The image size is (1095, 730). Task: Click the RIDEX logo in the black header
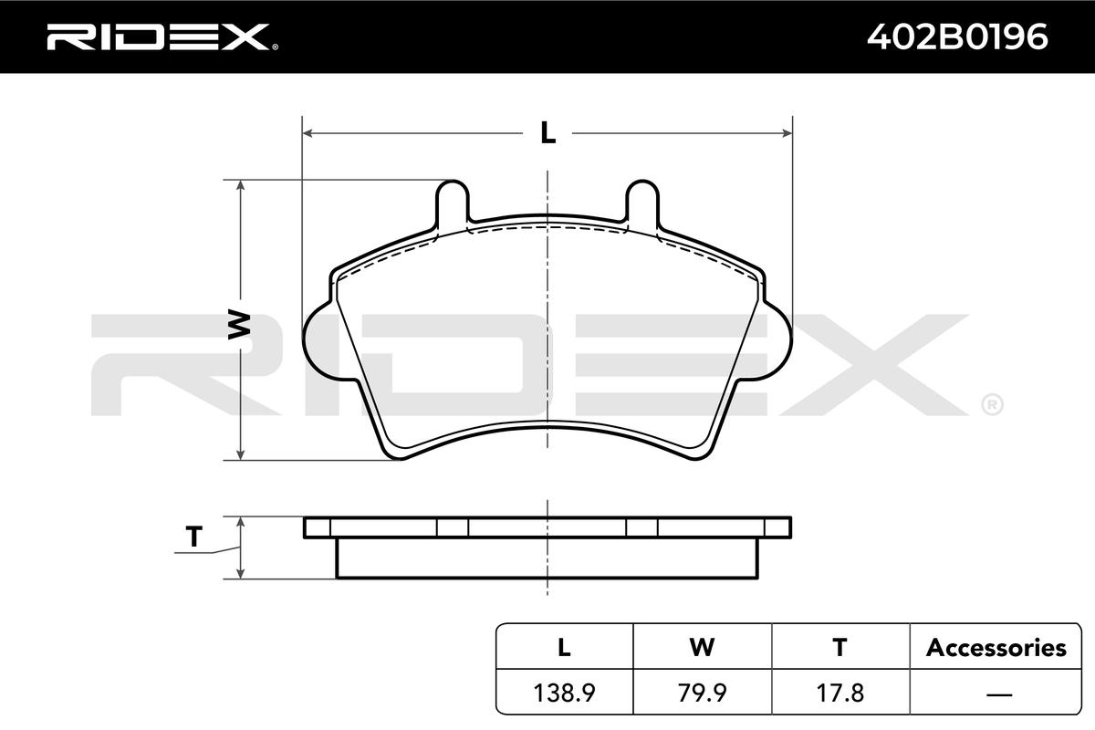point(162,36)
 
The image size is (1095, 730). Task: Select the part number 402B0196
point(957,36)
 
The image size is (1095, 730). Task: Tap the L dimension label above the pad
point(548,132)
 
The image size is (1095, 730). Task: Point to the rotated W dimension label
point(239,324)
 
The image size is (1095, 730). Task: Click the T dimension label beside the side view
point(194,537)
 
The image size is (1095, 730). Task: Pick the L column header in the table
point(564,647)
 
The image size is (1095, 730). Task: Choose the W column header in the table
point(702,647)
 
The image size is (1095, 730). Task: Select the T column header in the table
point(839,647)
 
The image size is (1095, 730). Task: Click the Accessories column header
point(996,648)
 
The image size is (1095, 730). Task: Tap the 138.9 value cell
point(564,693)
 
